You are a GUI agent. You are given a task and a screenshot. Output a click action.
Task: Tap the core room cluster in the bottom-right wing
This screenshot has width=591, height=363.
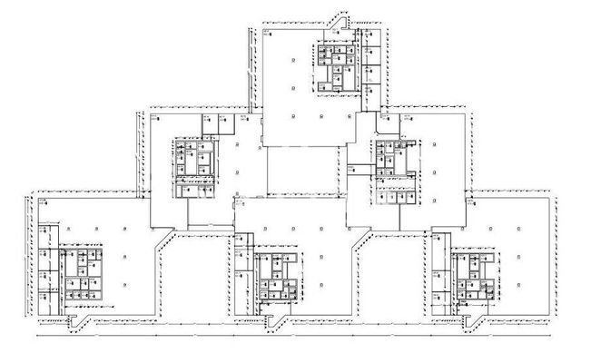pos(471,276)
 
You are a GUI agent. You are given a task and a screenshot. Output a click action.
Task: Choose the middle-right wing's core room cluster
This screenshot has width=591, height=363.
pos(393,162)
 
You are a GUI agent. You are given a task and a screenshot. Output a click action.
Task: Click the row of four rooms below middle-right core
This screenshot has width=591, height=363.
pos(398,196)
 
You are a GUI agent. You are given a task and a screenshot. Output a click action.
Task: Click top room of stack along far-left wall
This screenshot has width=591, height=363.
pos(44,232)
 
